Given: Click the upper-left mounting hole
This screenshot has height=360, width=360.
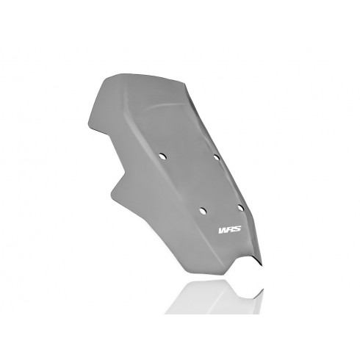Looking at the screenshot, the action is pos(162,156).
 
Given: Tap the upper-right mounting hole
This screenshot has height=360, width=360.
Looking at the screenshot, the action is pos(217,157).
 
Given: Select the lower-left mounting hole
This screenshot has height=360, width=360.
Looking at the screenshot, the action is pos(203,211).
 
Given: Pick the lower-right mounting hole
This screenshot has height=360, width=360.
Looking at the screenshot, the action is pos(241,208).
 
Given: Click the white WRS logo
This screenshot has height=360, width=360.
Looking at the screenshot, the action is pos(230,229).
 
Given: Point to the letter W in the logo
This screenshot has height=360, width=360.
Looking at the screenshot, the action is pos(223,230).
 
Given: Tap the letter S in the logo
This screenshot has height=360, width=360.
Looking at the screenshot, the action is pos(237,229).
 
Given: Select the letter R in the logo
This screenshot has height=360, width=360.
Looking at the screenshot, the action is pos(230,229).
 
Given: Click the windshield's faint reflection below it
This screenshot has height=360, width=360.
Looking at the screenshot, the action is pos(215,297).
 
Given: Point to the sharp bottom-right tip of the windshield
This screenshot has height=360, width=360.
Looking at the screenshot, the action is pos(262,264).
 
